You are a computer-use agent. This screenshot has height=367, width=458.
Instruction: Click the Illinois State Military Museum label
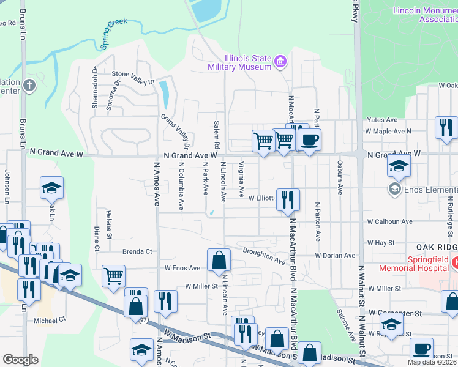(239, 62)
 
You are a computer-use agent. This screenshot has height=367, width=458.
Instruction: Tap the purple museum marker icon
(280, 61)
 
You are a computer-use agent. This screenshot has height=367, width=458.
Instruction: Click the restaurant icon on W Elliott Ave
(288, 199)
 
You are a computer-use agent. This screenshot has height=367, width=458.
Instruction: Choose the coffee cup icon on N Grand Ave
(309, 139)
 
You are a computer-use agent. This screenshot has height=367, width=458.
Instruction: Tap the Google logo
(20, 360)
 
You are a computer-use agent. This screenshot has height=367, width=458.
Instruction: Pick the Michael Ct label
(50, 320)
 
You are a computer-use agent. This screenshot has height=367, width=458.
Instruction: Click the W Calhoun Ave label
(389, 221)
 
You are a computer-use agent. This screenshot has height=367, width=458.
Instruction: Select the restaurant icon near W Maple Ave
(446, 127)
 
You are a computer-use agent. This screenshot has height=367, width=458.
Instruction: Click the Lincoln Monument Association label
(423, 15)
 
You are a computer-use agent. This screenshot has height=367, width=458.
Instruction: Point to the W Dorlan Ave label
(335, 255)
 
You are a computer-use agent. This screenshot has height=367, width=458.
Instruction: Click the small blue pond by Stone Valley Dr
(163, 94)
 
